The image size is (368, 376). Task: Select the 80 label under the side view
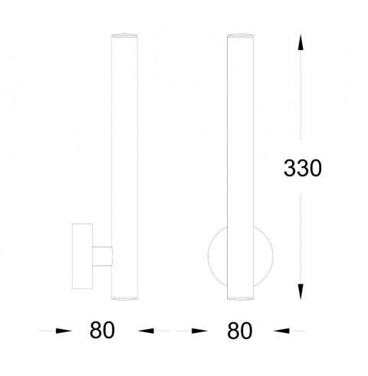(x=102, y=331)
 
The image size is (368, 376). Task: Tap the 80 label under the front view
(x=240, y=331)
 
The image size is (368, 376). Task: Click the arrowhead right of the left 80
(x=146, y=331)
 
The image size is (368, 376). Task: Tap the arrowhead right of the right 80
(x=281, y=331)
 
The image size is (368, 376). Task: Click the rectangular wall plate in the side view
(x=82, y=256)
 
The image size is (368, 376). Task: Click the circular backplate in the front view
(x=217, y=256)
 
